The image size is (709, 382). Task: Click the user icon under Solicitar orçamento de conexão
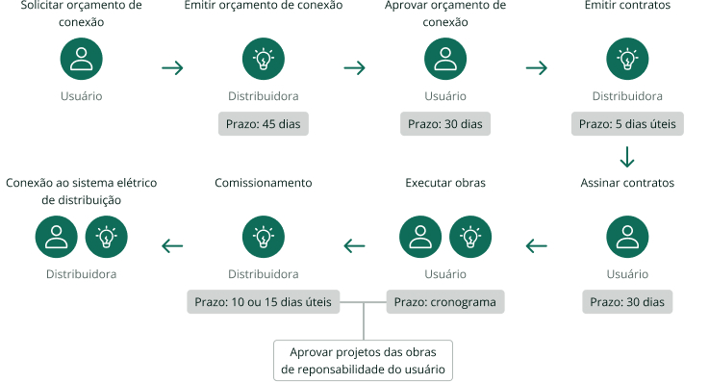coord(82,60)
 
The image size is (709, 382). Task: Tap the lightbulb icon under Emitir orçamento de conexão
coord(263,60)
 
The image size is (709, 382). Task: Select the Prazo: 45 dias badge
coord(263,124)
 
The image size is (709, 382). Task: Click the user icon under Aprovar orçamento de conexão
coord(445,60)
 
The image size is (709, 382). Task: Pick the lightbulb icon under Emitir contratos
coord(627,60)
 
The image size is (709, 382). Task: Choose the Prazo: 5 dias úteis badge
coord(627,124)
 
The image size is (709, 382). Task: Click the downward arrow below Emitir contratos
coord(627,156)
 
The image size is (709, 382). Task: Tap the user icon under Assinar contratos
coord(627,237)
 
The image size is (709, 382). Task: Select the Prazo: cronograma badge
coord(445,302)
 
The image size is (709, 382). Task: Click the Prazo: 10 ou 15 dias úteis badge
coord(263,302)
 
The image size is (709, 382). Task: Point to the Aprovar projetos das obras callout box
coord(364,359)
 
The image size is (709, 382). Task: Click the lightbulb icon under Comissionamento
coord(263,237)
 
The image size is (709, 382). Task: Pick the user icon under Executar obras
coord(420,237)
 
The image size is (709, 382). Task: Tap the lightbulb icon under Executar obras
coord(470,237)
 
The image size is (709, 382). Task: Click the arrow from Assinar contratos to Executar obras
coord(537,246)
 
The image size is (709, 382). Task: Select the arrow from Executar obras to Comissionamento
coord(355,246)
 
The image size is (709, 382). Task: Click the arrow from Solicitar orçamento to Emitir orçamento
coord(172,68)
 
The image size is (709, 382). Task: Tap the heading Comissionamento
coord(263,182)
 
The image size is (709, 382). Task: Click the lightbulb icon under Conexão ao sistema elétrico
coord(107,237)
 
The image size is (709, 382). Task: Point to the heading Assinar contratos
coord(627,182)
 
